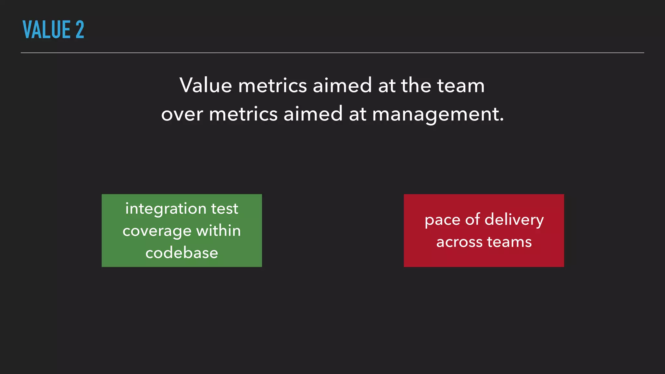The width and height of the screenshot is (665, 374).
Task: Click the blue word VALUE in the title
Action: point(46,30)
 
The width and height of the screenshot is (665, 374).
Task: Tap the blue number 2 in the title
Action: point(80,30)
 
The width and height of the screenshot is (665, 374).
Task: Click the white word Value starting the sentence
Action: point(206,85)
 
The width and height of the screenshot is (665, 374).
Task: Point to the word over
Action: point(182,114)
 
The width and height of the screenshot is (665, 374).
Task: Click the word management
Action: point(435,114)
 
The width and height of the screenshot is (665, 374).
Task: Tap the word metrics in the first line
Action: point(272,85)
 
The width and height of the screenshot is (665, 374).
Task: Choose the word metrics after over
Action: point(243,114)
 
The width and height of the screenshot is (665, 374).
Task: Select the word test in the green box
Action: point(225,209)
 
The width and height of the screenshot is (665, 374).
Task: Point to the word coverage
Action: point(157,231)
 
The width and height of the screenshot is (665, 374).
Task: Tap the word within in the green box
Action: point(219,231)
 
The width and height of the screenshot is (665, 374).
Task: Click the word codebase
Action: point(182,253)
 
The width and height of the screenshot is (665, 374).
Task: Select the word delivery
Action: point(514,220)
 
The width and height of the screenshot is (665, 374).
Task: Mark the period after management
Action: point(502,120)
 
